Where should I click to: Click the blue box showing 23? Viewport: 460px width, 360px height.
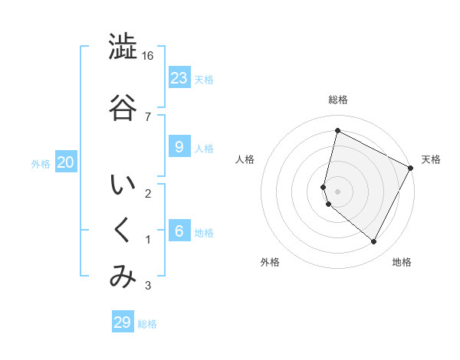pyautogui.click(x=179, y=77)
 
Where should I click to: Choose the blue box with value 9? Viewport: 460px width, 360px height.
pyautogui.click(x=179, y=147)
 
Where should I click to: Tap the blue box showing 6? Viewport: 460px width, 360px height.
pyautogui.click(x=179, y=231)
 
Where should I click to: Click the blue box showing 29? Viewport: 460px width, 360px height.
pyautogui.click(x=123, y=322)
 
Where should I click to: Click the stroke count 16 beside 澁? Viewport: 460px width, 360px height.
pyautogui.click(x=148, y=56)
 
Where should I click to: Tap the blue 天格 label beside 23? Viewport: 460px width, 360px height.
pyautogui.click(x=204, y=79)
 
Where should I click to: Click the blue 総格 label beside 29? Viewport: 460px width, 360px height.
pyautogui.click(x=147, y=324)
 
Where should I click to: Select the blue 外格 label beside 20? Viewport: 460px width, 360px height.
pyautogui.click(x=41, y=163)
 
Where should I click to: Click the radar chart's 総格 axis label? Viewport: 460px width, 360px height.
pyautogui.click(x=337, y=100)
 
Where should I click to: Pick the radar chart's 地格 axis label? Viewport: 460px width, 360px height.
pyautogui.click(x=402, y=262)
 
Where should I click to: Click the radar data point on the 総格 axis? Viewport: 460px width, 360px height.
pyautogui.click(x=337, y=131)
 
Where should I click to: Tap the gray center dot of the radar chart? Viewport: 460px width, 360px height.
pyautogui.click(x=337, y=191)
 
